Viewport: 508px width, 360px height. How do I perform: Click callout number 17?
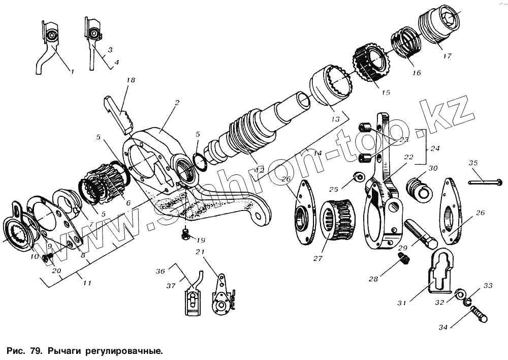(x=447, y=56)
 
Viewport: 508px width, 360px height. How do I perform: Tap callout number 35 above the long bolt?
(x=473, y=163)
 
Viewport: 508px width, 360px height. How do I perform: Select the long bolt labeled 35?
(x=485, y=182)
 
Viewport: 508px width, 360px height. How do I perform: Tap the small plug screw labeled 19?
(x=185, y=234)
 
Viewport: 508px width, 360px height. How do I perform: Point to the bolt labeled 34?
(x=478, y=316)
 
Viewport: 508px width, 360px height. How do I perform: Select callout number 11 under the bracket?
(x=87, y=283)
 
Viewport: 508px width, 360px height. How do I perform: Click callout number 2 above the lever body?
(x=177, y=103)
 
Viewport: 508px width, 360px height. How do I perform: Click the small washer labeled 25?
(x=358, y=177)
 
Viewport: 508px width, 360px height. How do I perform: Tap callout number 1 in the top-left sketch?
(x=72, y=72)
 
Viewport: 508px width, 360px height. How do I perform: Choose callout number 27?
(x=318, y=258)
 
